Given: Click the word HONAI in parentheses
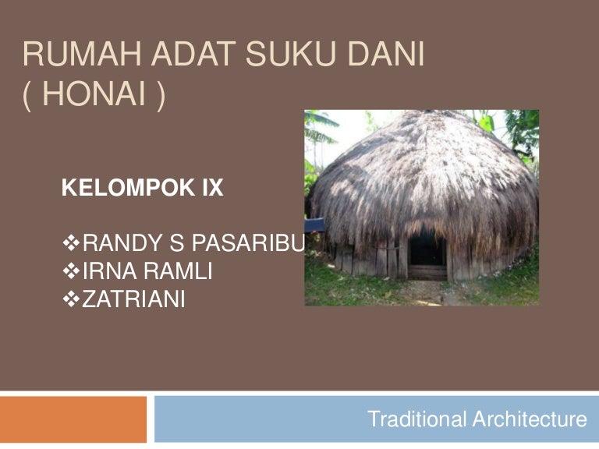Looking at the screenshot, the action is [x=94, y=94].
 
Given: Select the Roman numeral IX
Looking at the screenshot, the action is [x=213, y=187].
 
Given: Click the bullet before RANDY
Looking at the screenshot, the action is [x=71, y=243].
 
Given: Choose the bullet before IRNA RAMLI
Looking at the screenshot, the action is [x=71, y=271].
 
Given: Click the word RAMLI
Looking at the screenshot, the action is [x=178, y=271].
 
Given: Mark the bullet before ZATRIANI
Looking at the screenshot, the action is [x=71, y=299].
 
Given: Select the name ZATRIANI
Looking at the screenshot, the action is [x=133, y=299].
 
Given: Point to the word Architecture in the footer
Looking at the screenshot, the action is [x=530, y=419].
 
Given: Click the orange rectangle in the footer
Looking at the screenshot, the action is [x=73, y=419].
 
